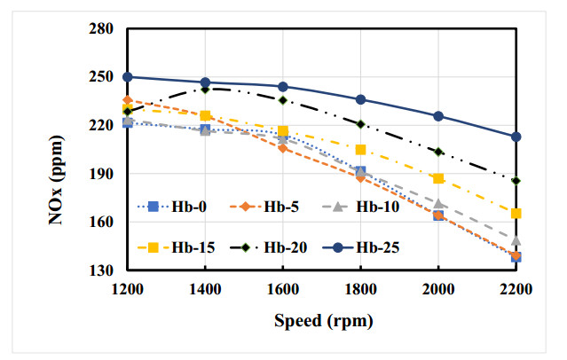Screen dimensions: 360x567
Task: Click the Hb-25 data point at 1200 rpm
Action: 128,77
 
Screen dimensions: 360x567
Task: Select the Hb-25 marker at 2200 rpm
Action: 516,137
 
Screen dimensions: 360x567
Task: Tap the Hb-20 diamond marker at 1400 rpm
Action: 205,89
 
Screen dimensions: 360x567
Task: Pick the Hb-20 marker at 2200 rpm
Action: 516,181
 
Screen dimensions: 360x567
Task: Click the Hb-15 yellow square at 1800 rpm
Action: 360,149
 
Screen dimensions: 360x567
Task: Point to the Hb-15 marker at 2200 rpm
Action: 516,213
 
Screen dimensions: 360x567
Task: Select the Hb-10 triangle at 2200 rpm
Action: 516,240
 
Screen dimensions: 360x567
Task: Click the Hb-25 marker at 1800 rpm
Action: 360,99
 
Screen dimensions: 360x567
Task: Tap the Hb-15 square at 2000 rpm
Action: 438,178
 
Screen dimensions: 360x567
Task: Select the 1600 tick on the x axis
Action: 283,288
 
